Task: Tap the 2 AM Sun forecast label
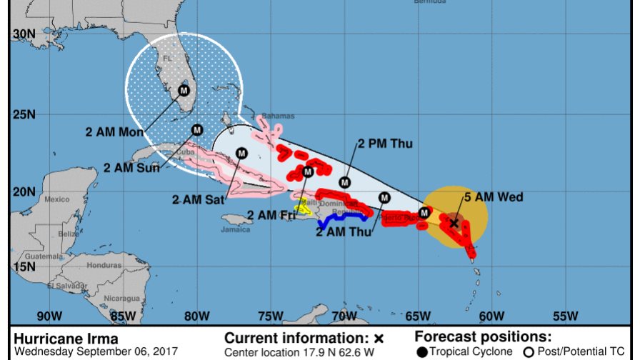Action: tap(131, 169)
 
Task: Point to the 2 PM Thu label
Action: tap(385, 144)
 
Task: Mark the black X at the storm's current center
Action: tap(454, 223)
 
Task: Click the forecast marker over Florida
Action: tap(184, 90)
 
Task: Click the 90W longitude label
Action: tap(49, 316)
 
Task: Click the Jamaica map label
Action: tap(236, 229)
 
